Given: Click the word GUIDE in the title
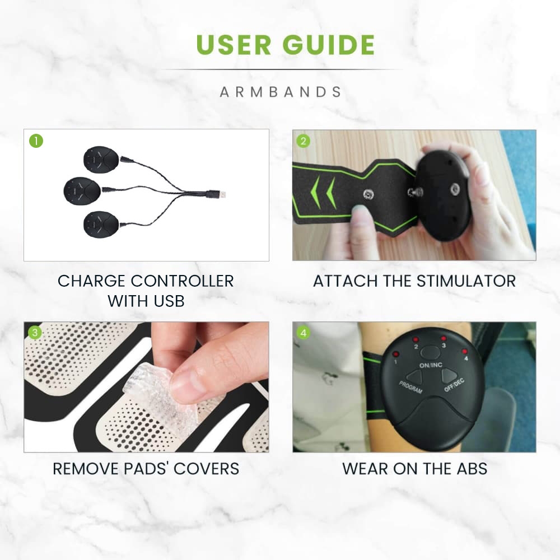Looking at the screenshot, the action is pos(329,45).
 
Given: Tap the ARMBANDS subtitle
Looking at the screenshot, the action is pos(281,92).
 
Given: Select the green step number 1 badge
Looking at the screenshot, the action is pos(36,141).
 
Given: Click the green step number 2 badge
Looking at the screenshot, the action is pos(303,141).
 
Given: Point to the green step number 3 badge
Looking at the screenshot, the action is pos(35,333).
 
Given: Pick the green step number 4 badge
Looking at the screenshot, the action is pos(303,333).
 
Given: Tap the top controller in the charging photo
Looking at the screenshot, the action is pos(101,159).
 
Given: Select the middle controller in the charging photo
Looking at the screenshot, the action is pos(82,191).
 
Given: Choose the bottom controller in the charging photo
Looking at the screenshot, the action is pos(101,225).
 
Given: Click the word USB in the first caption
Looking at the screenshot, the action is pos(169,301).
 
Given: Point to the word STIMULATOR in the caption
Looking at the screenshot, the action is pos(466,281).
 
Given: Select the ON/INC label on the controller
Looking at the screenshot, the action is pos(431,365).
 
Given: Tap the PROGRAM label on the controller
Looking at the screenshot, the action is pos(410,388).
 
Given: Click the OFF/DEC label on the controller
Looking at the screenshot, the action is pos(454,385).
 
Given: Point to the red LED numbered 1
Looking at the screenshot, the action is pos(396,354).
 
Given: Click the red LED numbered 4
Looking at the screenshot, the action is pos(464,352).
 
